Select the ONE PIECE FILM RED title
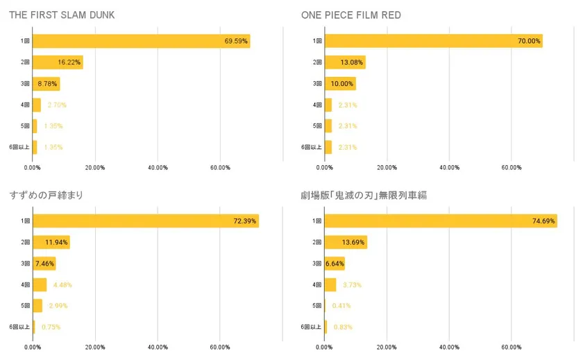pos(350,15)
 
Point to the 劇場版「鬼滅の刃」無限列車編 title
pos(364,195)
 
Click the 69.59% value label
pos(236,42)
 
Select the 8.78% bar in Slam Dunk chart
pos(46,84)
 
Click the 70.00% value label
pos(529,42)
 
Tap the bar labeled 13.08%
pos(345,62)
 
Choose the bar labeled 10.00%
pos(340,84)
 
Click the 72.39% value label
pos(245,221)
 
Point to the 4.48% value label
pos(62,284)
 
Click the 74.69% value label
pos(543,221)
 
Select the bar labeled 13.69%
pos(346,242)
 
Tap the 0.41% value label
pos(341,305)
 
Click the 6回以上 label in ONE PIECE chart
pos(311,147)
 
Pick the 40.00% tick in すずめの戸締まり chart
pos(158,347)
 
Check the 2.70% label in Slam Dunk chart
pos(57,105)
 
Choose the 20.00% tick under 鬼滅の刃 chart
pos(387,347)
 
